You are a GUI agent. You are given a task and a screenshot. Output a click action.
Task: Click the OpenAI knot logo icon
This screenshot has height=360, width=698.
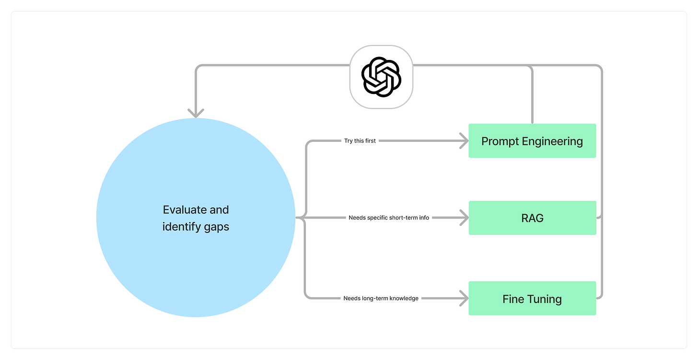point(381,77)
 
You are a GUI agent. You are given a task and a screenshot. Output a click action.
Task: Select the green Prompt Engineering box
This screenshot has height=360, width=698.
point(532,141)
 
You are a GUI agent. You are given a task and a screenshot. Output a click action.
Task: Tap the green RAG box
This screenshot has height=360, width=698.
point(532,218)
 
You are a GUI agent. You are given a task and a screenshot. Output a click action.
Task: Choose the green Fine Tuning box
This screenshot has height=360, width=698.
point(532,299)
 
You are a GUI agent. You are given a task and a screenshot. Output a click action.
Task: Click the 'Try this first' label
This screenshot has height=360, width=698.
point(360,141)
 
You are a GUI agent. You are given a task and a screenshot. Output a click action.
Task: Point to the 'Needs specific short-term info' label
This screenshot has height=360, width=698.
point(389,218)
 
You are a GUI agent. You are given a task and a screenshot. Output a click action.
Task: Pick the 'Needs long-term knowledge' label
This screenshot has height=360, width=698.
point(381,298)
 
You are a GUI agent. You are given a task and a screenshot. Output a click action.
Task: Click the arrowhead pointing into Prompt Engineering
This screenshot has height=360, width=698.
point(464,141)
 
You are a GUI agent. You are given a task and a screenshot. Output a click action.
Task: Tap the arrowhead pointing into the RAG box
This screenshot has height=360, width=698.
point(464,218)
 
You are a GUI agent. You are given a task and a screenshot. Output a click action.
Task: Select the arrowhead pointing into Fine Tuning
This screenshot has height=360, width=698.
point(464,299)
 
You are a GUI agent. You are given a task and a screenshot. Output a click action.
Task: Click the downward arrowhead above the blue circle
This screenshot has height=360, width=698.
point(196,113)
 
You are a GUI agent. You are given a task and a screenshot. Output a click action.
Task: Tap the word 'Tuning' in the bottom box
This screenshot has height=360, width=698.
point(544,299)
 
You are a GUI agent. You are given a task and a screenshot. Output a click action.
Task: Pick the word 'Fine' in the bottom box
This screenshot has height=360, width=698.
point(513,299)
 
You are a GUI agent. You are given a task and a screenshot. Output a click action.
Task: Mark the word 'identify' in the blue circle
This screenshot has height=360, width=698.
point(180,226)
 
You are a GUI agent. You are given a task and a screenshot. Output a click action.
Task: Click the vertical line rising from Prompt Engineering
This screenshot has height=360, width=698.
point(532,96)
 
